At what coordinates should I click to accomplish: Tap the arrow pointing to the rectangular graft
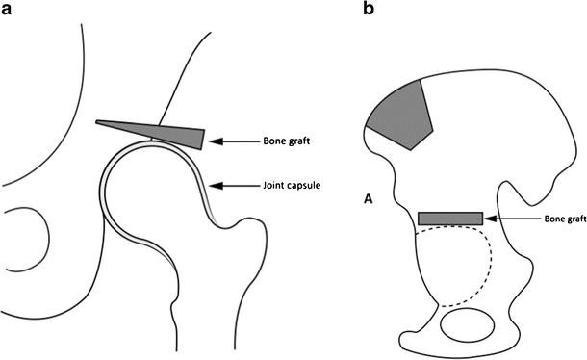509,219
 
